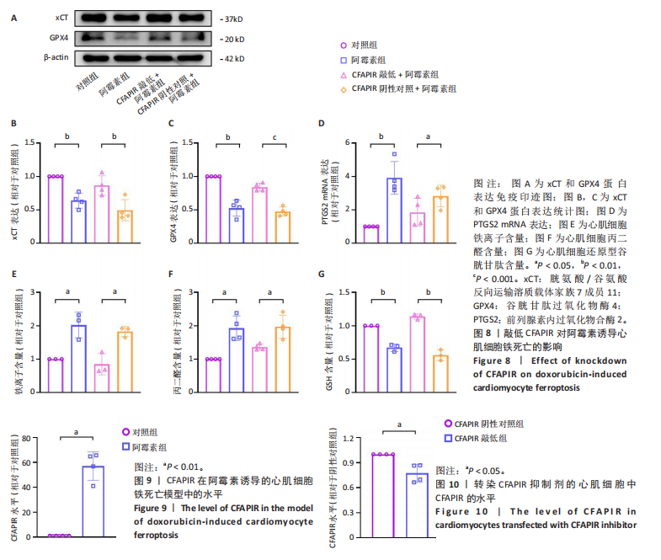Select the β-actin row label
click(x=56, y=59)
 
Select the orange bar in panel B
click(x=125, y=224)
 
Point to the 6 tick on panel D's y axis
click(x=348, y=142)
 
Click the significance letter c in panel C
click(x=274, y=137)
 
